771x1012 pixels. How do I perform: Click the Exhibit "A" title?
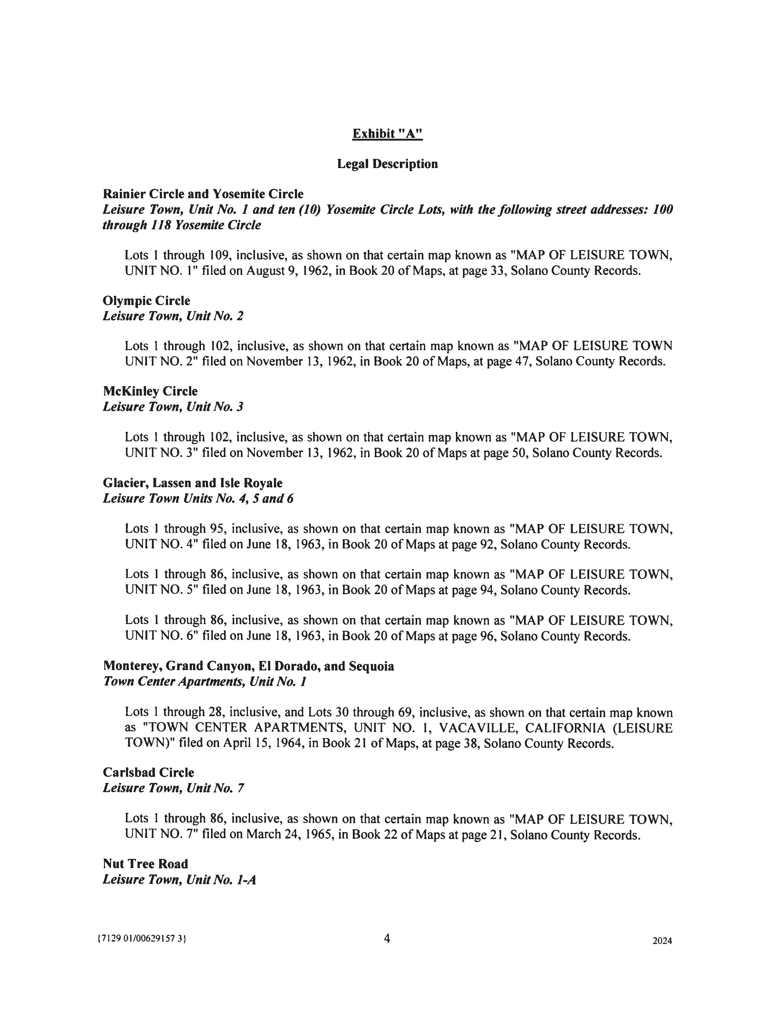(387, 134)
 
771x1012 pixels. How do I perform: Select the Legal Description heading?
(387, 164)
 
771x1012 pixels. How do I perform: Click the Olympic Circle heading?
(146, 301)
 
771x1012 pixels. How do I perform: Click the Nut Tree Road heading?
(145, 864)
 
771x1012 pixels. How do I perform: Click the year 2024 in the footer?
(662, 941)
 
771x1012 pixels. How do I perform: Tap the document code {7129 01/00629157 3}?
(142, 939)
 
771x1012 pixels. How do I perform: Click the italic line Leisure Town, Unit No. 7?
(174, 788)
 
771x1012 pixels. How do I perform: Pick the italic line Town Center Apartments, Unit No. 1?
(205, 682)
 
